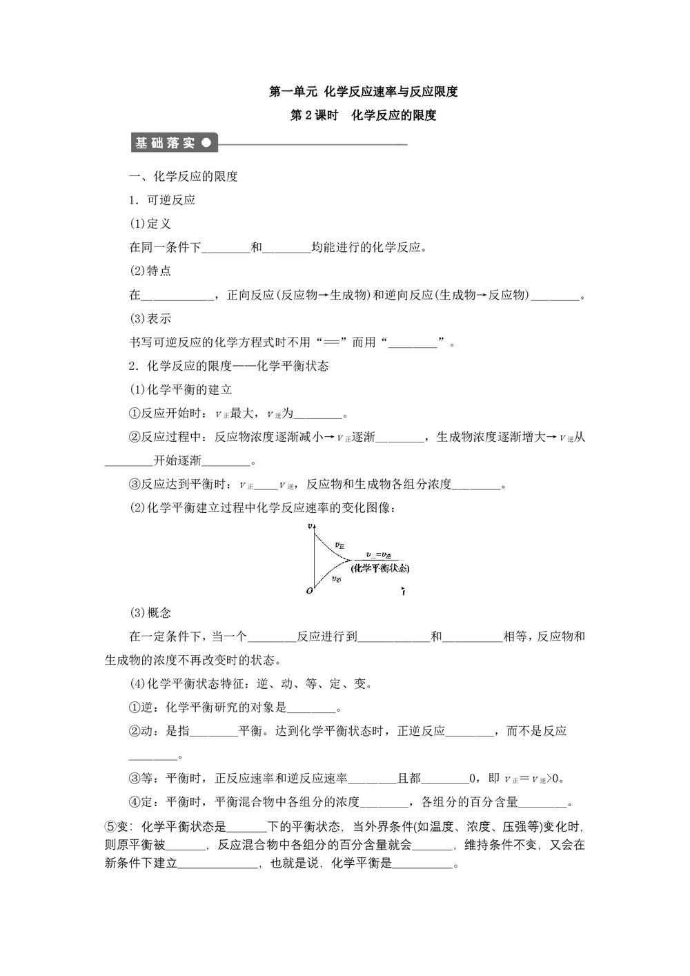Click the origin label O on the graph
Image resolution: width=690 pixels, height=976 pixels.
click(309, 591)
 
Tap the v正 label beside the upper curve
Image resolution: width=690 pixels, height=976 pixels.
click(339, 545)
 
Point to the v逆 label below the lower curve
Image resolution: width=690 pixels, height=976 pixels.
click(336, 578)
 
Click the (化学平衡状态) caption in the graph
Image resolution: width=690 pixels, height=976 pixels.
click(379, 568)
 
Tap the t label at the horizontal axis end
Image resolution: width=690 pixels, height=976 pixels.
click(403, 592)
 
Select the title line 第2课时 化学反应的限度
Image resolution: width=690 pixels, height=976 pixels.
click(363, 115)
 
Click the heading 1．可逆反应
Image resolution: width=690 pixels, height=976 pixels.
click(162, 200)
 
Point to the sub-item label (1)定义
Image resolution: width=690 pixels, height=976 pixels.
click(150, 224)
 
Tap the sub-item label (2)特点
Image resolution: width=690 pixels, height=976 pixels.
click(150, 271)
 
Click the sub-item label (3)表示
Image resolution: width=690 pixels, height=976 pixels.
click(150, 319)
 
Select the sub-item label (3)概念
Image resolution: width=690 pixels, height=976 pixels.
click(150, 613)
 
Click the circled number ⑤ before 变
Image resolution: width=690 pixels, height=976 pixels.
click(110, 827)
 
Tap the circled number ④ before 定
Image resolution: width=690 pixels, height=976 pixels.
click(135, 802)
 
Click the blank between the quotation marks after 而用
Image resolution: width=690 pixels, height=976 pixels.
click(413, 343)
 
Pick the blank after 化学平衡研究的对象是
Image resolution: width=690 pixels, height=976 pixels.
click(311, 708)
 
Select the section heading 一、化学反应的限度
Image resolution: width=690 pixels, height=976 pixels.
click(184, 177)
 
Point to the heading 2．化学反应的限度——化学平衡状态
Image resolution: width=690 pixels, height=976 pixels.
click(229, 366)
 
